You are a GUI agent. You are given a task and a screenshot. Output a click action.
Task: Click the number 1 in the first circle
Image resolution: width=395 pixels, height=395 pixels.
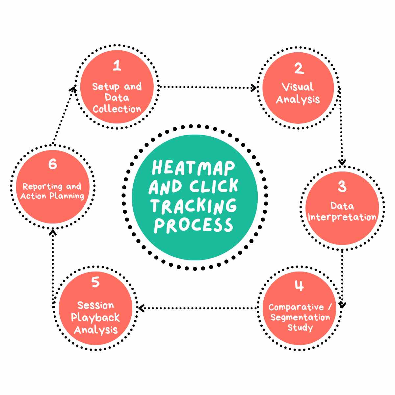[x=117, y=66]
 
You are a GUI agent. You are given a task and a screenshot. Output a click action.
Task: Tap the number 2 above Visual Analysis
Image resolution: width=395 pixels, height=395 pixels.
[x=299, y=68]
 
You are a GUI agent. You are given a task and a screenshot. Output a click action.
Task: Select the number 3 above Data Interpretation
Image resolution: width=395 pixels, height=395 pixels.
[x=342, y=186]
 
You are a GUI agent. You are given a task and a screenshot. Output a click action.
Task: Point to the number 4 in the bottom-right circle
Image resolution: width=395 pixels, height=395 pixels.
[x=299, y=286]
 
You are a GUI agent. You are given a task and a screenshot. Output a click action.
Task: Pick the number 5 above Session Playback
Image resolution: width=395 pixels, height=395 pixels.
[x=95, y=282]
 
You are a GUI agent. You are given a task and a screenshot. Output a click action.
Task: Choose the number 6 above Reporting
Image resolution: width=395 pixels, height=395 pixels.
[x=53, y=164]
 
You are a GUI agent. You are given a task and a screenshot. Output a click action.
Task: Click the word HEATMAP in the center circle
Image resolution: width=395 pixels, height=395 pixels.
[x=194, y=168]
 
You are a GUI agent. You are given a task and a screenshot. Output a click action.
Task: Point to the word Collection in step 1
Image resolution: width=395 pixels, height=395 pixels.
[x=117, y=109]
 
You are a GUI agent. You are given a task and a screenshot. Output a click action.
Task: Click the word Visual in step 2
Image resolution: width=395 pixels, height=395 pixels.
[x=298, y=87]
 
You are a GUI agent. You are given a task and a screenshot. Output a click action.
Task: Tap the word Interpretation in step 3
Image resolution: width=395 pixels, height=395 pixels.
[x=342, y=217]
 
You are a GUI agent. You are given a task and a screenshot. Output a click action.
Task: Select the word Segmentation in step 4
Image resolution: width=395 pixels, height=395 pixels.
[x=300, y=318]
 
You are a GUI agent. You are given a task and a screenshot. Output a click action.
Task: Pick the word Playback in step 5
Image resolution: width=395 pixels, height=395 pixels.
[x=95, y=318]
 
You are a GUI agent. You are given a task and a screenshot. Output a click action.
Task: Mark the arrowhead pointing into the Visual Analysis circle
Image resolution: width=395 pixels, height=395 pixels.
[x=254, y=88]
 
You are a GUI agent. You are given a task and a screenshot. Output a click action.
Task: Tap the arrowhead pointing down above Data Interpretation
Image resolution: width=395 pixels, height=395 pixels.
[x=342, y=162]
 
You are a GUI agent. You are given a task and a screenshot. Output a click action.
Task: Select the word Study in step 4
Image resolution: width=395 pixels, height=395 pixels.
[x=300, y=328]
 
